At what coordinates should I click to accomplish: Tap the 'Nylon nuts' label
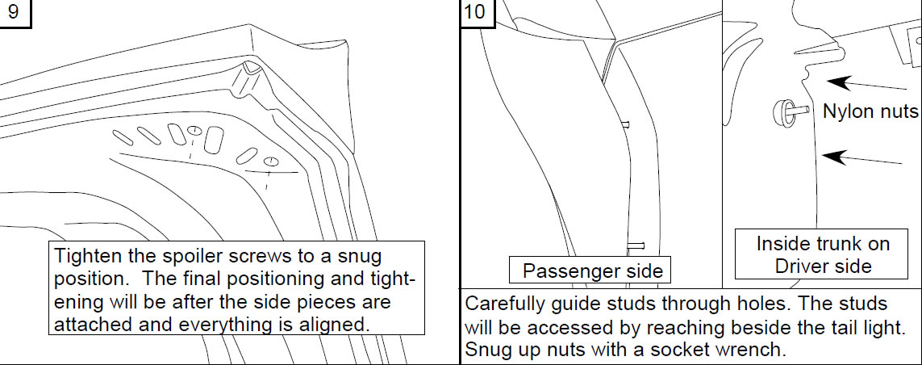[x=870, y=111]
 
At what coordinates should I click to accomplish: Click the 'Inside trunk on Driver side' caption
[x=822, y=254]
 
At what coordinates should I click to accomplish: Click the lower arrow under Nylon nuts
[x=861, y=159]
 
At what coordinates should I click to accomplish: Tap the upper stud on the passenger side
[x=626, y=124]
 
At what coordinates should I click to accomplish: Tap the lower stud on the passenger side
[x=636, y=245]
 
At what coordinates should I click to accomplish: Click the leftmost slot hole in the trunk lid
[x=123, y=138]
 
